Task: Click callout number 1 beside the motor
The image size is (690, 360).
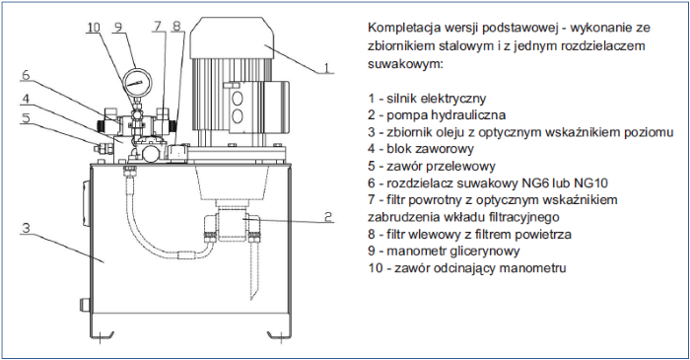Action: click(x=326, y=67)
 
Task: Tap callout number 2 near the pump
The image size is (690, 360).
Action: click(x=328, y=217)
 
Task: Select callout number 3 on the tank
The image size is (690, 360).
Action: click(x=27, y=228)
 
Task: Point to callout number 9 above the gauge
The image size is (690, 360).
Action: click(x=118, y=27)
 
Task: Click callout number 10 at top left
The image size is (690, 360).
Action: click(x=94, y=28)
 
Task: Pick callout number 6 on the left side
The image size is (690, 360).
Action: click(x=26, y=75)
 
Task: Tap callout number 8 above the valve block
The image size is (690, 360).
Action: click(x=176, y=26)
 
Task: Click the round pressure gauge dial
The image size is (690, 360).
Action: click(x=137, y=82)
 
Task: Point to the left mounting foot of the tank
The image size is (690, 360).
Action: click(x=102, y=335)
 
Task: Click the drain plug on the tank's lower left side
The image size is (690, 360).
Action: click(x=84, y=304)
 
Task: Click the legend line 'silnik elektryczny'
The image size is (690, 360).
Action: click(x=436, y=99)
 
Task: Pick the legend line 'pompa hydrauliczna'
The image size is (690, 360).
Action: click(x=446, y=114)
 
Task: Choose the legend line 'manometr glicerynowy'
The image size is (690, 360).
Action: click(x=453, y=251)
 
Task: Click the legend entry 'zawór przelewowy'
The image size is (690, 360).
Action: click(x=441, y=166)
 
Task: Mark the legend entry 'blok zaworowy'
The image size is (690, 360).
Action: click(x=430, y=149)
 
